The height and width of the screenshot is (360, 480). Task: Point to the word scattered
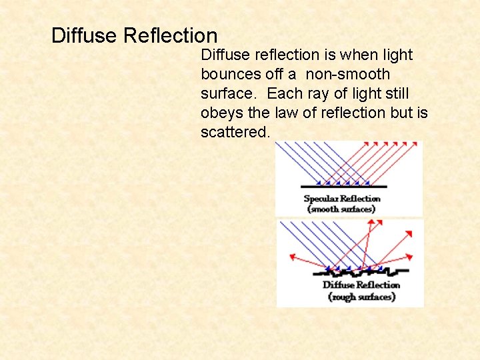click(235, 132)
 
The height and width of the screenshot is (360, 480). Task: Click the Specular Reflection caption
click(342, 199)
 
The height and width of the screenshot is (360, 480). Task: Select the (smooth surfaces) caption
click(341, 209)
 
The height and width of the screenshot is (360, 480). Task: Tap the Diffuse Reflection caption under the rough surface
click(361, 285)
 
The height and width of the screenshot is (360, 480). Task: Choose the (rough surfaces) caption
click(361, 297)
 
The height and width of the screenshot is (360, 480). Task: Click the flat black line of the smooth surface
click(343, 185)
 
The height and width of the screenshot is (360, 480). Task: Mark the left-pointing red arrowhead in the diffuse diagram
click(292, 255)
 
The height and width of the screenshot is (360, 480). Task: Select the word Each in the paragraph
click(284, 93)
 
